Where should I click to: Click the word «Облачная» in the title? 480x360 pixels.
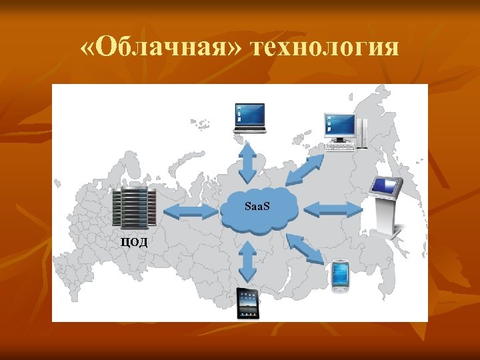[161, 48]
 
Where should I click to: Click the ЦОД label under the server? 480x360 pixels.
[134, 241]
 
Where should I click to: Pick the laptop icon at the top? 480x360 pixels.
[249, 118]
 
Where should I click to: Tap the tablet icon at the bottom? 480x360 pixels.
[248, 303]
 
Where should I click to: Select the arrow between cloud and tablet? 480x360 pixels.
[248, 261]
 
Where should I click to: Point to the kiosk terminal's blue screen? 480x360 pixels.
[387, 185]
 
